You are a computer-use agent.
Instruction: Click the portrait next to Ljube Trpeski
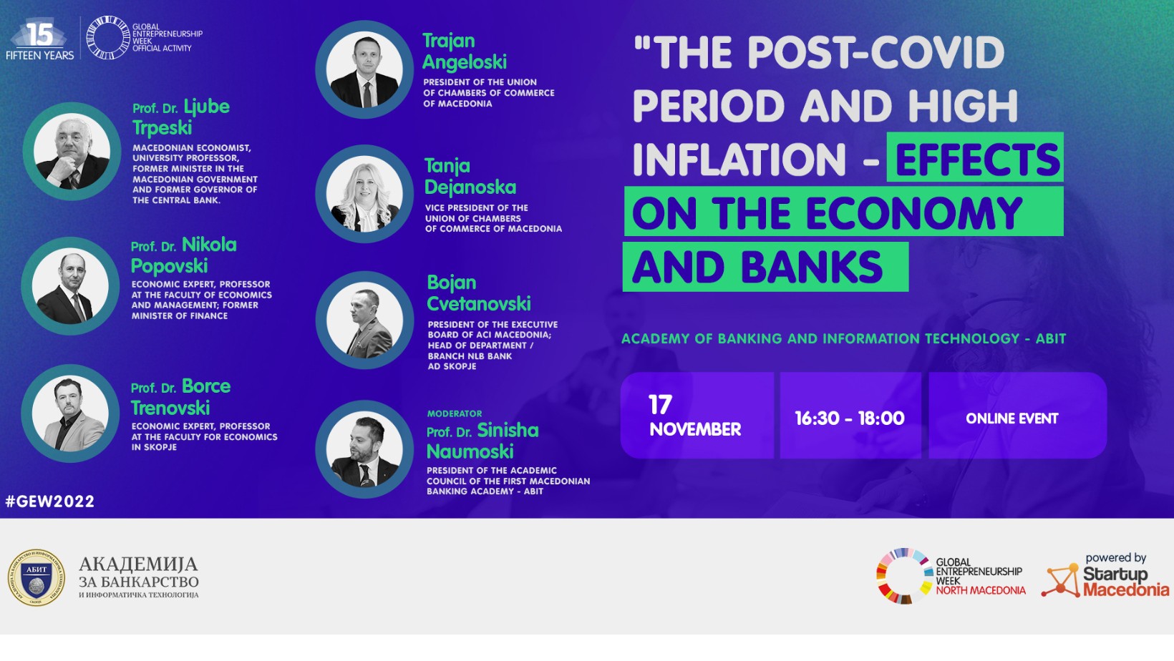click(72, 152)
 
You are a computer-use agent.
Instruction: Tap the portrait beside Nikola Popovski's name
click(70, 286)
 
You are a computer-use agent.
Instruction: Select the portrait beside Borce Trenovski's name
click(70, 413)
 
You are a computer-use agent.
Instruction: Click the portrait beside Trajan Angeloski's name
click(365, 69)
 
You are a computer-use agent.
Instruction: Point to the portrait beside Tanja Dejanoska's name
click(365, 194)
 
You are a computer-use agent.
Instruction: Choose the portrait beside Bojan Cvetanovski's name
click(365, 320)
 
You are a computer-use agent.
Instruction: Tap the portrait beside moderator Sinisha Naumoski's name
click(365, 449)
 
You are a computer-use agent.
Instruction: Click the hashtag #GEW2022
click(50, 501)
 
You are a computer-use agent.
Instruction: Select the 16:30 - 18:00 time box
click(850, 416)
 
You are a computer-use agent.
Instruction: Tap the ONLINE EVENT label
click(1012, 418)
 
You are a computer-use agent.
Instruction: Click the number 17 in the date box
click(660, 404)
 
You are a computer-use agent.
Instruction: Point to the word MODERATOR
click(455, 413)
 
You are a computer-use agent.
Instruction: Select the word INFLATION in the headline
click(739, 160)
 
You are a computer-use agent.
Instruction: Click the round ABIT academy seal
click(37, 578)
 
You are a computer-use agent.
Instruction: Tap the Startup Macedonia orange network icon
click(1060, 581)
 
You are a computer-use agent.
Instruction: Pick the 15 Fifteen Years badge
click(40, 40)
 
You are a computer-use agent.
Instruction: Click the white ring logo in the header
click(108, 37)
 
